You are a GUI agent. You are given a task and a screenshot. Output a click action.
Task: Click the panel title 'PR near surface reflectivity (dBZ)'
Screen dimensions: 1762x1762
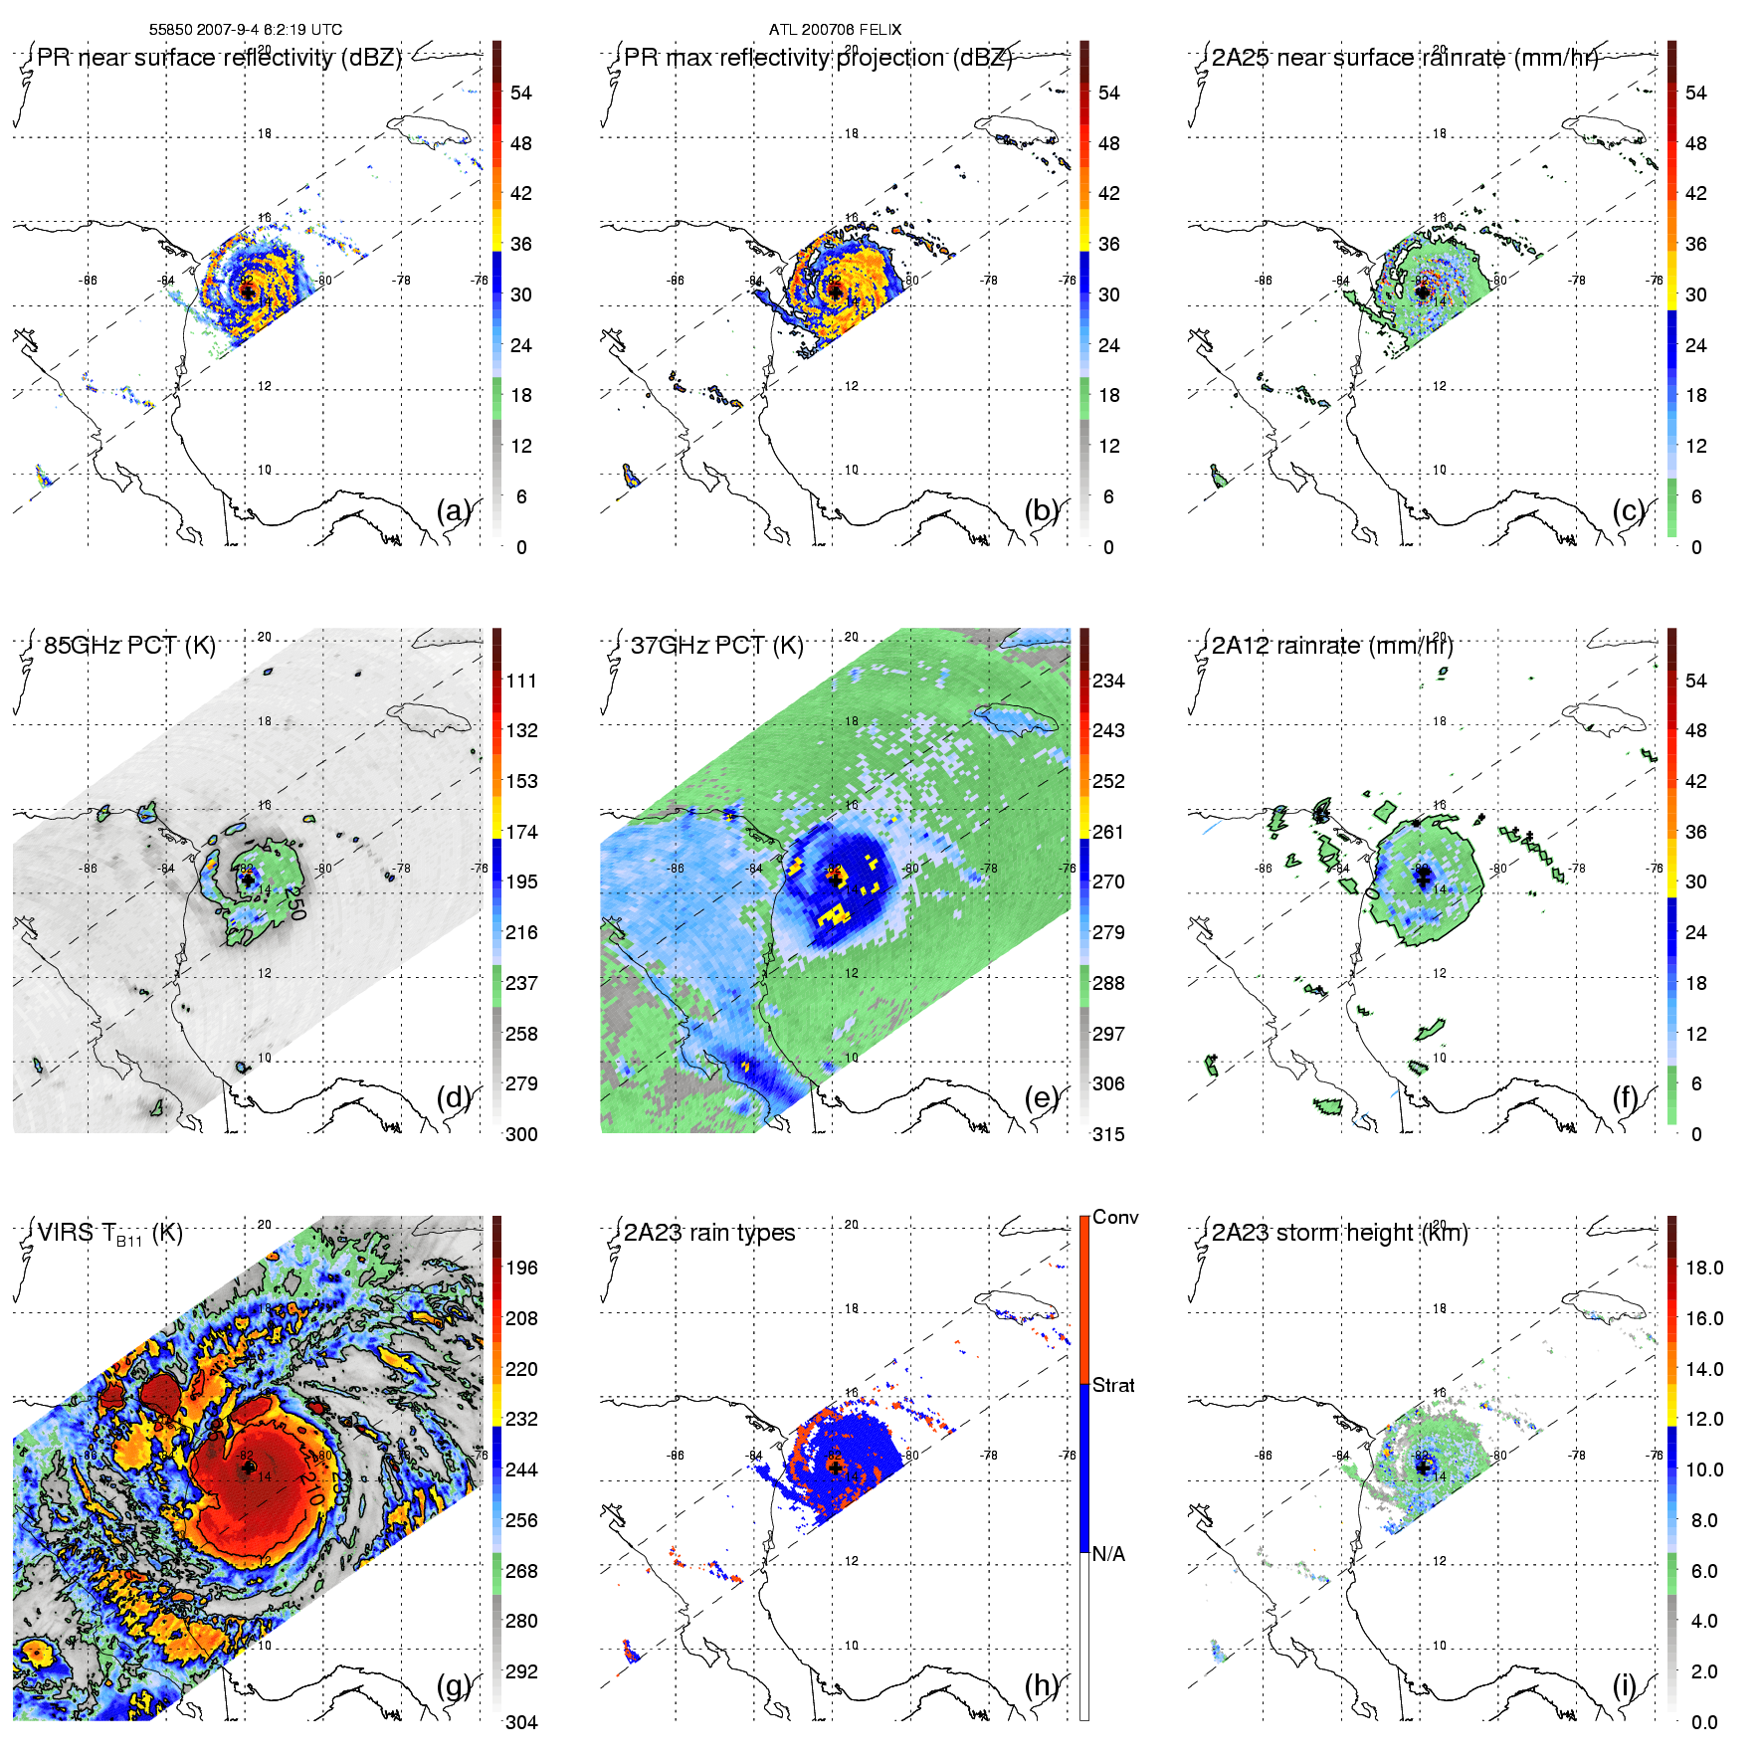coord(219,58)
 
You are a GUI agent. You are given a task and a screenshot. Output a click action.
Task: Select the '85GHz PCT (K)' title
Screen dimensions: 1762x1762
coord(129,646)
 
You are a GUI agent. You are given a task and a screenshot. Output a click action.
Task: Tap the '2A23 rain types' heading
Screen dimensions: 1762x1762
coord(709,1233)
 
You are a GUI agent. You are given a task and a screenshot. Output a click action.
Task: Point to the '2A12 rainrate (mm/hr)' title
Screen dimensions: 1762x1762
coord(1332,646)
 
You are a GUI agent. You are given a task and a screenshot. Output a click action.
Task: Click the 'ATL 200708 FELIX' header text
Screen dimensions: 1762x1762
coord(835,30)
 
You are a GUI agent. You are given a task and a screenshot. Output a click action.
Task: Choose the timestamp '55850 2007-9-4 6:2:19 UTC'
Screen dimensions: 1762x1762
coord(246,30)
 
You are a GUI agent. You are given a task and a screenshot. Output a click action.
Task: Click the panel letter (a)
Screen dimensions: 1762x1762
coord(454,511)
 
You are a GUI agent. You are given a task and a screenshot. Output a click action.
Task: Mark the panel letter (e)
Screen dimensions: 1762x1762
coord(1042,1097)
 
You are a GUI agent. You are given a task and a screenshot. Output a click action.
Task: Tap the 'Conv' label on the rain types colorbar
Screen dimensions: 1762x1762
coord(1115,1217)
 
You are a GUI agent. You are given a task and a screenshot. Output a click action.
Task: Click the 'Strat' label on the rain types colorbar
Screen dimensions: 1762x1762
coord(1113,1385)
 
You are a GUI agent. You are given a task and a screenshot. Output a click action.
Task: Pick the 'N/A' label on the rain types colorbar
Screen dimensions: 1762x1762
coord(1108,1554)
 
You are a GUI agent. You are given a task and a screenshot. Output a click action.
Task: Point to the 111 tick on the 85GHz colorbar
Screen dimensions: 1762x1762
coord(521,681)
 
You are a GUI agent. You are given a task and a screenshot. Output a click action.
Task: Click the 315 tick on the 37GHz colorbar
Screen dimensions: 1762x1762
coord(1108,1134)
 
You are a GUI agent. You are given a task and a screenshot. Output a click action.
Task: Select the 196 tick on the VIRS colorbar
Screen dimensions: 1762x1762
coord(521,1268)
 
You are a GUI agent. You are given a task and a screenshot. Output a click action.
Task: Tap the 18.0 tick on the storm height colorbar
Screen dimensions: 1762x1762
coord(1704,1268)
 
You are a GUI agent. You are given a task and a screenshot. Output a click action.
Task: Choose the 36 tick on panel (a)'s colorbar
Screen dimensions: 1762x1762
coord(521,244)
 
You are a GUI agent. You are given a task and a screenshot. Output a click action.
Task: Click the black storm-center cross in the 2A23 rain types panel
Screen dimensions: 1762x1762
coord(835,1467)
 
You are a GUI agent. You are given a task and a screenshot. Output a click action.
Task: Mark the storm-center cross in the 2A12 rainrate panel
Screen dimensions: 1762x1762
coord(1423,880)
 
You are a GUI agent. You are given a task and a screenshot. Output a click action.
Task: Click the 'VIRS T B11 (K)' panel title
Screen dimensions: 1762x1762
coord(109,1234)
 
